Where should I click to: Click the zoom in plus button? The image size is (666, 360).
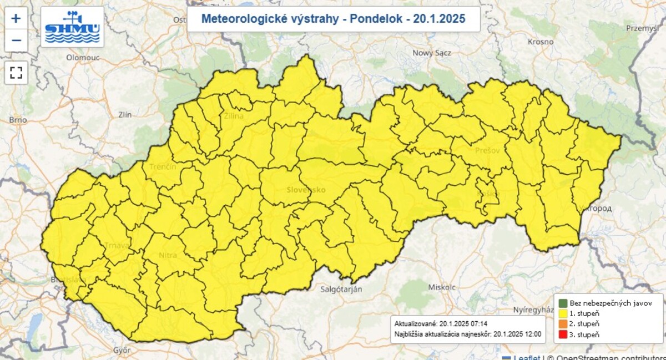point(16,18)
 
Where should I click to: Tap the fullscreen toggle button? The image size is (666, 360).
point(16,72)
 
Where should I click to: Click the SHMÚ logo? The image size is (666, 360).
point(72,27)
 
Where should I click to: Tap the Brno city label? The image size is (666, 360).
point(18,120)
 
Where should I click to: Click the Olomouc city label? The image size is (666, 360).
point(82,57)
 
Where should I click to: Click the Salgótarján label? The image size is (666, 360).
point(341,290)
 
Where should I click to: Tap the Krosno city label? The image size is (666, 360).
point(541,42)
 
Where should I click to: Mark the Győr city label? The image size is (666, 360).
point(121,350)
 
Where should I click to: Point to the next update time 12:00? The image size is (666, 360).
point(531,334)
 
